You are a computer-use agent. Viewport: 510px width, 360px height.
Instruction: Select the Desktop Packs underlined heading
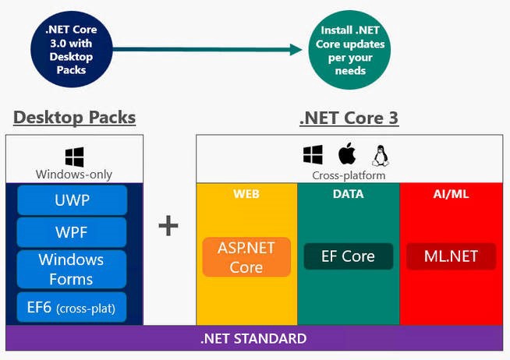click(74, 118)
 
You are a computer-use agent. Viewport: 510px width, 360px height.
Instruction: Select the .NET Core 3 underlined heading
click(349, 118)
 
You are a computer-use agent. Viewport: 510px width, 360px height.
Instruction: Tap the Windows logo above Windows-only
click(75, 157)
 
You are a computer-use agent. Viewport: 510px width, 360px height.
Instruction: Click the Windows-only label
click(74, 175)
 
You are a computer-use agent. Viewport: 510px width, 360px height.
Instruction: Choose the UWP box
click(72, 200)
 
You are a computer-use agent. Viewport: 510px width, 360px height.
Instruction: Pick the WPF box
click(72, 232)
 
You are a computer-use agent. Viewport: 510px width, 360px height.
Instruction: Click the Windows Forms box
click(72, 269)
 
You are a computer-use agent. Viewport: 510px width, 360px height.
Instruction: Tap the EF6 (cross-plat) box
click(72, 308)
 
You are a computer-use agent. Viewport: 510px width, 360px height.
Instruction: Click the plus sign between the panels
click(168, 226)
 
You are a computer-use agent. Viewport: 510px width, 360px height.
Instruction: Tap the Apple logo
click(346, 154)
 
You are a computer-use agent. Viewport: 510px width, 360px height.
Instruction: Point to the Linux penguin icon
click(381, 154)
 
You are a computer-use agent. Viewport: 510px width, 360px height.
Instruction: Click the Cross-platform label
click(349, 176)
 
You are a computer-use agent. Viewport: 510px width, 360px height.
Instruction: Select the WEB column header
click(246, 193)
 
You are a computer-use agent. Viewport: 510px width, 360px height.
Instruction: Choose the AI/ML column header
click(451, 193)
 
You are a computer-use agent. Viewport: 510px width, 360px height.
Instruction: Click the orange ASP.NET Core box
click(246, 256)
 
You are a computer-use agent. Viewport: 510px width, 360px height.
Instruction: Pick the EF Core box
click(348, 256)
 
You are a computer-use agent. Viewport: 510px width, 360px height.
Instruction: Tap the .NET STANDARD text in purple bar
click(253, 339)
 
